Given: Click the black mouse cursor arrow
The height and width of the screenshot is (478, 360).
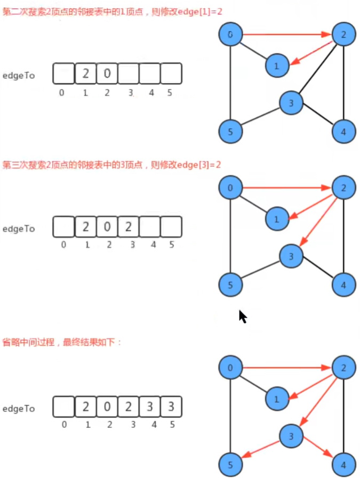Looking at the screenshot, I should [x=242, y=317].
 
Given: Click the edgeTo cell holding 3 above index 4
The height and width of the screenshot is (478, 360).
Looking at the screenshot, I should [x=149, y=407].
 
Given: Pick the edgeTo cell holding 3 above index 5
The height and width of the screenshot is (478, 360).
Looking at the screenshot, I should [x=171, y=407].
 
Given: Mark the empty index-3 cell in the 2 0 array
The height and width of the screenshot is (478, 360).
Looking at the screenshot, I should [x=128, y=74].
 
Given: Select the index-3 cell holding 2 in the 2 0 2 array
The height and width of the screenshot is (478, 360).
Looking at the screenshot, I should [x=128, y=227].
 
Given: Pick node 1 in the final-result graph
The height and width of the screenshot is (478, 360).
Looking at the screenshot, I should [x=276, y=399].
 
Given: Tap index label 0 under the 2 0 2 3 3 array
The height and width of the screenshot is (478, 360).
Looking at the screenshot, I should [x=63, y=425].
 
